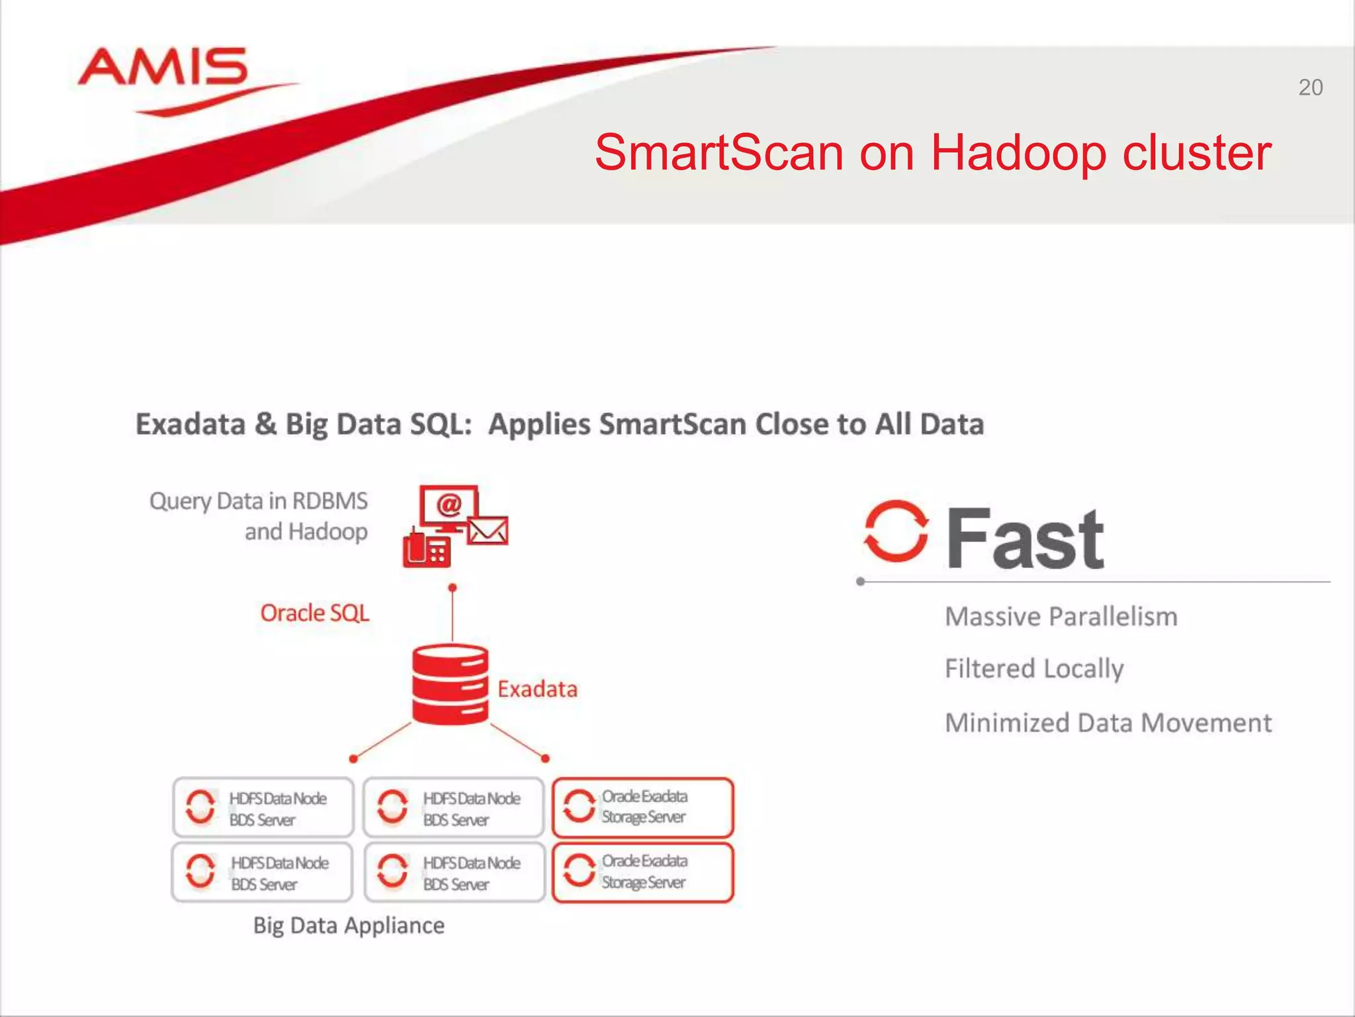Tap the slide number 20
click(x=1310, y=88)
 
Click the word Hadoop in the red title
click(x=1018, y=153)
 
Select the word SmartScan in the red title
click(x=719, y=153)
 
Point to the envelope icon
click(x=488, y=530)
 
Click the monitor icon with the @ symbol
click(x=449, y=507)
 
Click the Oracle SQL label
click(x=314, y=613)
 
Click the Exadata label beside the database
click(x=537, y=689)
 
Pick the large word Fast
click(x=1025, y=539)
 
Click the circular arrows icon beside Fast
click(x=896, y=532)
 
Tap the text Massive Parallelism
click(x=1061, y=617)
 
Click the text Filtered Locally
click(x=1033, y=669)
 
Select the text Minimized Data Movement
click(x=1108, y=723)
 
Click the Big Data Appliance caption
click(x=349, y=925)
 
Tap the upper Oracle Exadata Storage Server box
click(x=643, y=807)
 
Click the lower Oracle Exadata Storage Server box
click(x=643, y=872)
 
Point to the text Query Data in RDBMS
click(x=258, y=501)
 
